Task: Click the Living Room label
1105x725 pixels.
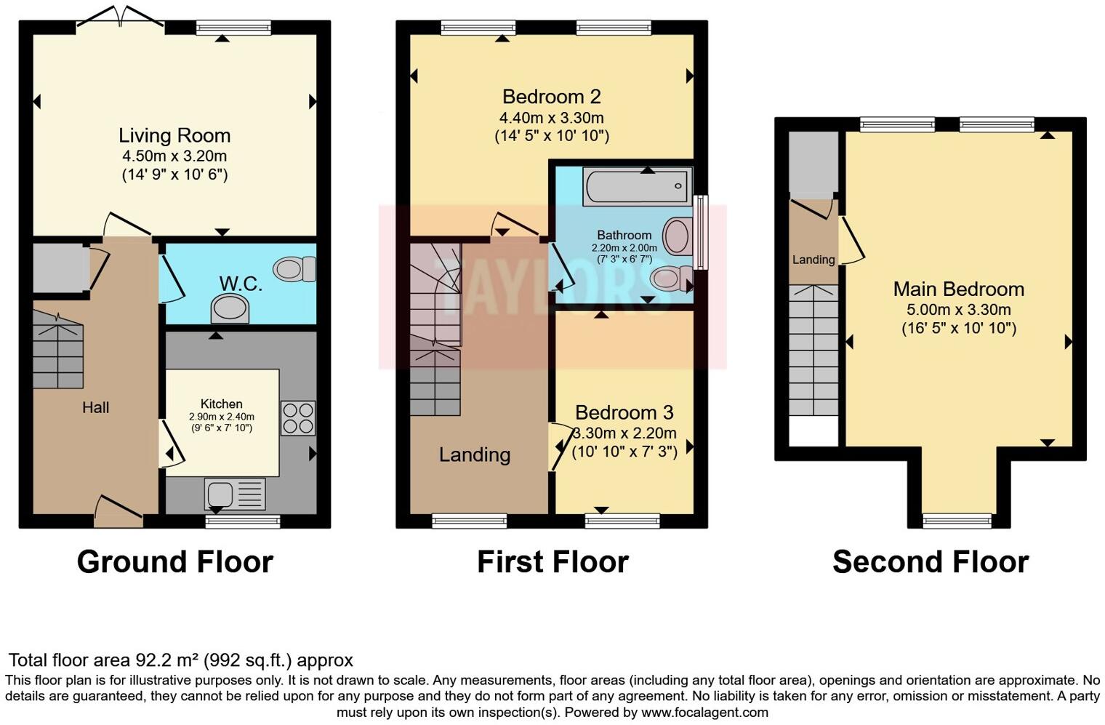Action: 174,135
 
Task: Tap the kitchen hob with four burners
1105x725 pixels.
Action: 297,418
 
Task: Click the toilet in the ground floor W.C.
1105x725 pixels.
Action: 295,269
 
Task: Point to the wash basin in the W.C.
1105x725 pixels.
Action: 229,308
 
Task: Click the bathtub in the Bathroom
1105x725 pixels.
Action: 637,186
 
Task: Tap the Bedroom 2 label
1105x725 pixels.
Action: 551,97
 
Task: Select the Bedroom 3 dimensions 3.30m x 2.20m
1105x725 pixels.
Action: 624,433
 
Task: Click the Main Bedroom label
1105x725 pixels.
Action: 958,289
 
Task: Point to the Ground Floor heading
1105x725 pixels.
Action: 174,562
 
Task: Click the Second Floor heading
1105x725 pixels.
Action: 930,562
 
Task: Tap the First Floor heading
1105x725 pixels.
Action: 552,562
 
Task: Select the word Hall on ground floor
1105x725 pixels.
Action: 95,408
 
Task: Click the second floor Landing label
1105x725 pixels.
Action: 813,260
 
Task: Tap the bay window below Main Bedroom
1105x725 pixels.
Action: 957,520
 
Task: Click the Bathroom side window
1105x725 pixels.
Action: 700,233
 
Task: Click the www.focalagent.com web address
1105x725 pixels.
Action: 704,713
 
